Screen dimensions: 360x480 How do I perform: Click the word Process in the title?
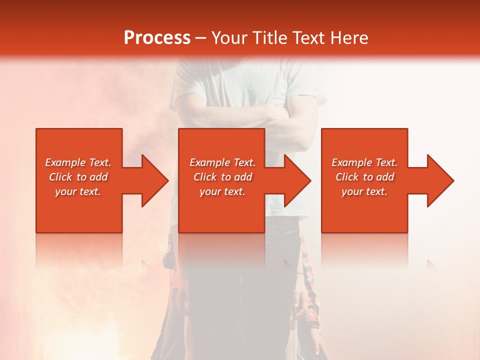click(x=157, y=38)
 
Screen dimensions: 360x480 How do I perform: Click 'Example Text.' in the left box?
click(x=78, y=162)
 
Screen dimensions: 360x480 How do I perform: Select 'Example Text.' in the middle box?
click(x=222, y=162)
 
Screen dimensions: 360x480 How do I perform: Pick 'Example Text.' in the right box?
click(x=364, y=162)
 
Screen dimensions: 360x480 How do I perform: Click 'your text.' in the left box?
click(x=78, y=191)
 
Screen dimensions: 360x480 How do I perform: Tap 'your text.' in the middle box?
click(x=222, y=191)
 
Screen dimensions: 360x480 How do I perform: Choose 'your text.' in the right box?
click(x=364, y=191)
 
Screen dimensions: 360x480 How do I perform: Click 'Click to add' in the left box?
click(x=78, y=177)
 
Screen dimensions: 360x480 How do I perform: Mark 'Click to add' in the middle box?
click(x=222, y=177)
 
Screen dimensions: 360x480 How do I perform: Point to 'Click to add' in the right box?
click(x=364, y=177)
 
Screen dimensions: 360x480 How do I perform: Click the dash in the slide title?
click(x=200, y=38)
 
